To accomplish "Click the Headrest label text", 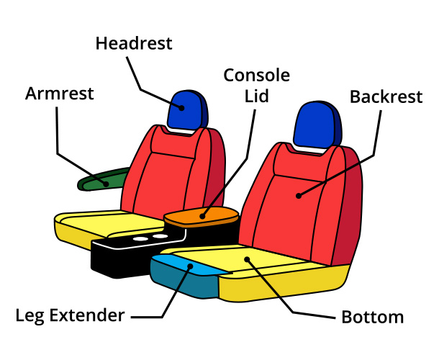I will click(134, 43).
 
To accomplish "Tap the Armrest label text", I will click(60, 94).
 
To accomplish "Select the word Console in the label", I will click(257, 75).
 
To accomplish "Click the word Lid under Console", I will click(257, 95).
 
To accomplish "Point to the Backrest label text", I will click(385, 97).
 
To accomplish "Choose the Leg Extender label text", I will click(71, 315).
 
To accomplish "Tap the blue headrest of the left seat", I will click(185, 109).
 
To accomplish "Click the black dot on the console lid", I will click(203, 215).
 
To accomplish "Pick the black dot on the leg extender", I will click(191, 266).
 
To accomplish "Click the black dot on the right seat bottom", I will click(246, 258).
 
